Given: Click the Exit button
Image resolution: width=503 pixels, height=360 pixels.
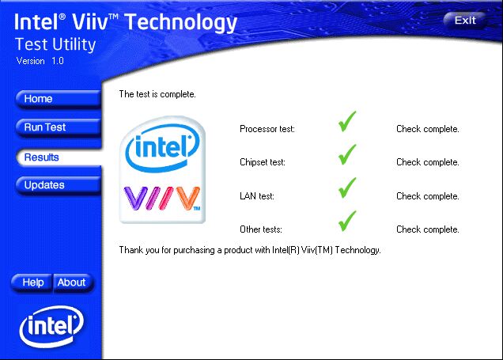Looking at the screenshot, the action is coord(464,21).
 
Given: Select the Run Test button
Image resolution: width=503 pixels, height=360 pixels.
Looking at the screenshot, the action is coord(59,127).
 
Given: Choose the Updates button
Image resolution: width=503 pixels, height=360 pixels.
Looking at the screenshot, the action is coord(59,185).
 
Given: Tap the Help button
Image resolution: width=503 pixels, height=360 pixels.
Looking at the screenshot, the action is coord(32,282).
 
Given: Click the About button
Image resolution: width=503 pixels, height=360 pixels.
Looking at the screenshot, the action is coord(73,282).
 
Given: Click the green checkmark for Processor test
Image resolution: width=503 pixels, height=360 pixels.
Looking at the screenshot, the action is coord(347,121).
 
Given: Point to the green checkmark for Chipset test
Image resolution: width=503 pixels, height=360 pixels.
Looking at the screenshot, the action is coord(347,154).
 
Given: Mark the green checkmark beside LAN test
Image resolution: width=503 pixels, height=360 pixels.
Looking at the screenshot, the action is coord(347,188).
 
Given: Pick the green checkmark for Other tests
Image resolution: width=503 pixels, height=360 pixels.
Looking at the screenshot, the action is coord(347,221).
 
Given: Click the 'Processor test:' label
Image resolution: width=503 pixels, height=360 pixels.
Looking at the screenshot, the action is coord(267,129).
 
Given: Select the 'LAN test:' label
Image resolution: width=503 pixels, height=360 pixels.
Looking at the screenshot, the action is coord(257,196).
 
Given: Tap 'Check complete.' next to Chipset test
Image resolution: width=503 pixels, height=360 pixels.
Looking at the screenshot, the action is coord(428,162).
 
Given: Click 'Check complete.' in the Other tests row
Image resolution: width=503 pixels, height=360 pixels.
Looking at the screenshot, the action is coord(428,229).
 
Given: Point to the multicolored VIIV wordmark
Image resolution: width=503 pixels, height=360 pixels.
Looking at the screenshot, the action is coord(162,199).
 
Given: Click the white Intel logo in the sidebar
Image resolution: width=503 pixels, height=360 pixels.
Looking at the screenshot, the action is coord(51,326).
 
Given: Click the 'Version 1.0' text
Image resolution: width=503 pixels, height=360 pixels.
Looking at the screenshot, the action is coord(40,61).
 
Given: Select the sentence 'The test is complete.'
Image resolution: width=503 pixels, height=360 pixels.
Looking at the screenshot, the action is coord(157,94).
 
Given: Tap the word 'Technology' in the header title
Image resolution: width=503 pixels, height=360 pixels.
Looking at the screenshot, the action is coord(181,23).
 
